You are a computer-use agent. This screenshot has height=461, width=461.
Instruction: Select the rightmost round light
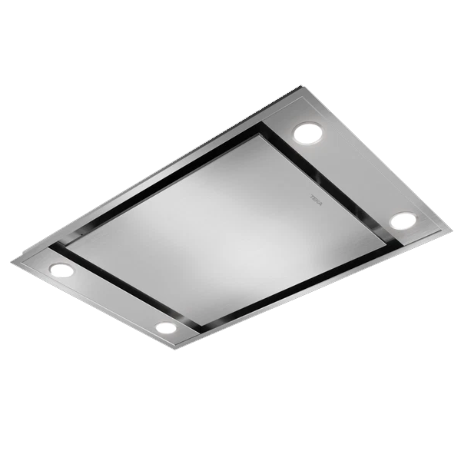[x=402, y=221]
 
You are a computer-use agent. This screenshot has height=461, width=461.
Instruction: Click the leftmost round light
[x=61, y=270]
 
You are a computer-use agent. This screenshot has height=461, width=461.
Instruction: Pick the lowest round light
[x=166, y=327]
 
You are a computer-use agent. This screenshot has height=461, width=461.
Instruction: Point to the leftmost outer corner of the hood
[x=12, y=263]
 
